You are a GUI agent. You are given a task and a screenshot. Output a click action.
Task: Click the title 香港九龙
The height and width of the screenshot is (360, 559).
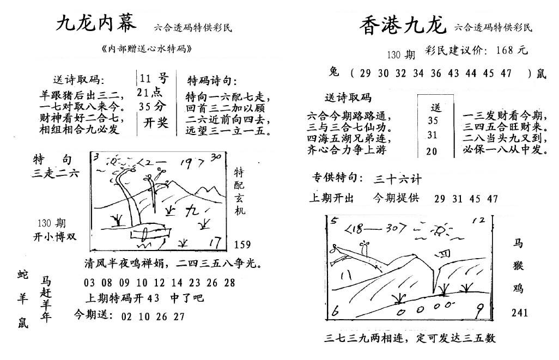point(403,26)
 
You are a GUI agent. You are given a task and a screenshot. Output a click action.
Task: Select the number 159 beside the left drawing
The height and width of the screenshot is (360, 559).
point(242,245)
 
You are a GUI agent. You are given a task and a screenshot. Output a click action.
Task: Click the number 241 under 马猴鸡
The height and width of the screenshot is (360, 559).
point(519,313)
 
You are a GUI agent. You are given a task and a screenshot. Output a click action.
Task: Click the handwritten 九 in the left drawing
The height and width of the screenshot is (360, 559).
point(192,211)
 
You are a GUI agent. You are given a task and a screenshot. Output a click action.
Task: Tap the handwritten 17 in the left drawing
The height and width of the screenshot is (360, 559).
point(215,243)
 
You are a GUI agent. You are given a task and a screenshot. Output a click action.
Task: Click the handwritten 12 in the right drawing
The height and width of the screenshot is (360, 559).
point(479,221)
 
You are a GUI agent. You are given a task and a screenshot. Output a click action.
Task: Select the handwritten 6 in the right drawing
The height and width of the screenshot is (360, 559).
point(335,311)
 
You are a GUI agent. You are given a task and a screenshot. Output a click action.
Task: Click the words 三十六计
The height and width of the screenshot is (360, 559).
point(397,179)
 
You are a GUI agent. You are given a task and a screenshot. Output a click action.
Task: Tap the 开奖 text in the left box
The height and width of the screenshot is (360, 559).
point(156,123)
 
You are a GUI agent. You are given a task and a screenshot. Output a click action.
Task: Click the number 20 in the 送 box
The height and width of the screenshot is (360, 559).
point(432,151)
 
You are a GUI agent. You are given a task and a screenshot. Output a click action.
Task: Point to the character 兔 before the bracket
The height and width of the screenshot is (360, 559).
point(334,72)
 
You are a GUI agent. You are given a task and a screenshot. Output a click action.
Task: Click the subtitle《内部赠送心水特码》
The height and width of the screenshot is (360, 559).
point(147,49)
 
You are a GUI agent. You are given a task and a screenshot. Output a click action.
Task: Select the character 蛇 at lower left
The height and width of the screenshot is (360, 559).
point(22,275)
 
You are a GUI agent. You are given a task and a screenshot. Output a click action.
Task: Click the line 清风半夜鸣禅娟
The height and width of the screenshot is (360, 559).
point(124,263)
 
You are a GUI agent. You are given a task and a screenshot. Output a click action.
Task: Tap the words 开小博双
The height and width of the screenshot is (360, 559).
point(54,237)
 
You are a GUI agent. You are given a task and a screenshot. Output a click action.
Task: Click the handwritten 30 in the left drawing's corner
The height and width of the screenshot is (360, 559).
point(216,157)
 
